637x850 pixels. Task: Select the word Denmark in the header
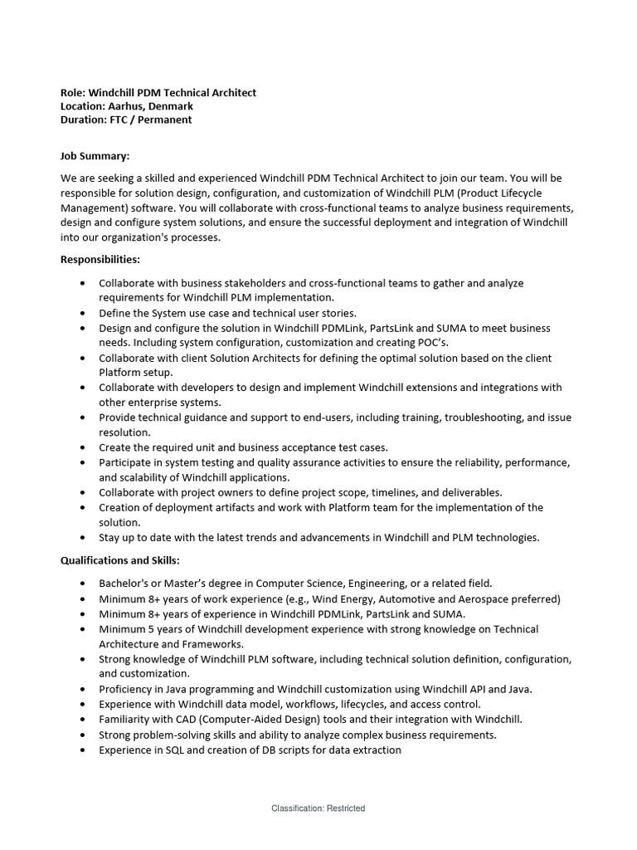coord(170,106)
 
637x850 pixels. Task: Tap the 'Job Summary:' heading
coord(95,155)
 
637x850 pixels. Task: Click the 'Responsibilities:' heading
coord(100,260)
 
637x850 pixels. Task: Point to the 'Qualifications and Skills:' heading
coord(119,560)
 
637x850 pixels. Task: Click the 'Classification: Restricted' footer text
coord(318,808)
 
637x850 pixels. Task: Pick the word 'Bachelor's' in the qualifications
coord(124,584)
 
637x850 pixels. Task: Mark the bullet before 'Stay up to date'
coord(82,537)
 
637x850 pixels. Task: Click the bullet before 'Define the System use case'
coord(82,313)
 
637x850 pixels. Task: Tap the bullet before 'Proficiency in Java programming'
coord(82,689)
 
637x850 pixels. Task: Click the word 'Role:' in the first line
coord(73,93)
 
